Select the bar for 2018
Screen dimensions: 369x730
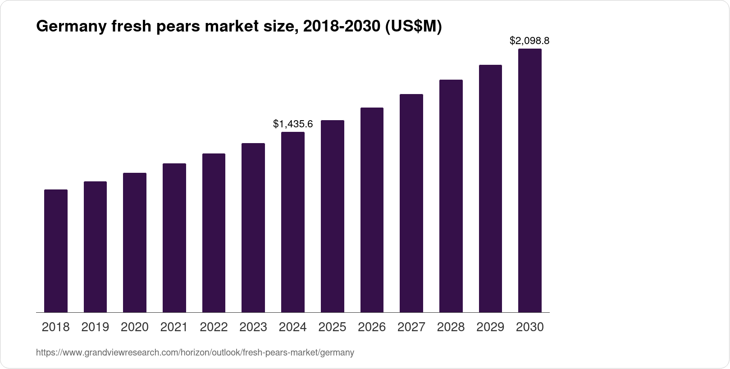pos(56,251)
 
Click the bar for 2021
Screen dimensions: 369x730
pos(174,238)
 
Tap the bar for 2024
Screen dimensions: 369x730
pos(293,222)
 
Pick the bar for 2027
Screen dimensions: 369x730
pos(411,203)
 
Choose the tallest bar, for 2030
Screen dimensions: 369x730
pos(530,180)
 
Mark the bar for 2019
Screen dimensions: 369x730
pos(95,247)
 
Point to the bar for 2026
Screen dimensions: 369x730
pos(372,210)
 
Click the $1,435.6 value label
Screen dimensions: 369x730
pos(293,124)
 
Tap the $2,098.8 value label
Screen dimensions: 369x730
pos(529,41)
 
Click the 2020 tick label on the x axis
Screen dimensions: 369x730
pos(135,327)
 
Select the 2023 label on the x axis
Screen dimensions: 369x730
pos(253,327)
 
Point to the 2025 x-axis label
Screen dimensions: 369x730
pos(332,327)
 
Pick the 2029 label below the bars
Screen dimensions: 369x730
pos(490,327)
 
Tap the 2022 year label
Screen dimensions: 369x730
pos(214,327)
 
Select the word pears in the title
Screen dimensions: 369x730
pos(178,27)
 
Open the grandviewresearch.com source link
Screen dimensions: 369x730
pos(195,353)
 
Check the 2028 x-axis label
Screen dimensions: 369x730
pos(451,327)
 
